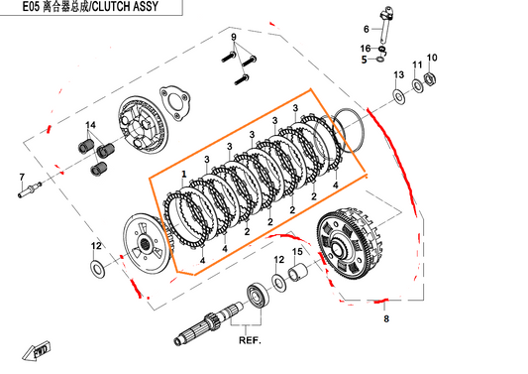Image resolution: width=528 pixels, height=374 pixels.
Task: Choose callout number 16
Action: [x=366, y=48]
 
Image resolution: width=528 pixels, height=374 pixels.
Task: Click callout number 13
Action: [x=398, y=74]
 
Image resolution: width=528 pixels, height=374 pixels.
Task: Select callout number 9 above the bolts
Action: [x=234, y=38]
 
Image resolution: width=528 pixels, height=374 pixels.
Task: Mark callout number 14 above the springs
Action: [x=90, y=125]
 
